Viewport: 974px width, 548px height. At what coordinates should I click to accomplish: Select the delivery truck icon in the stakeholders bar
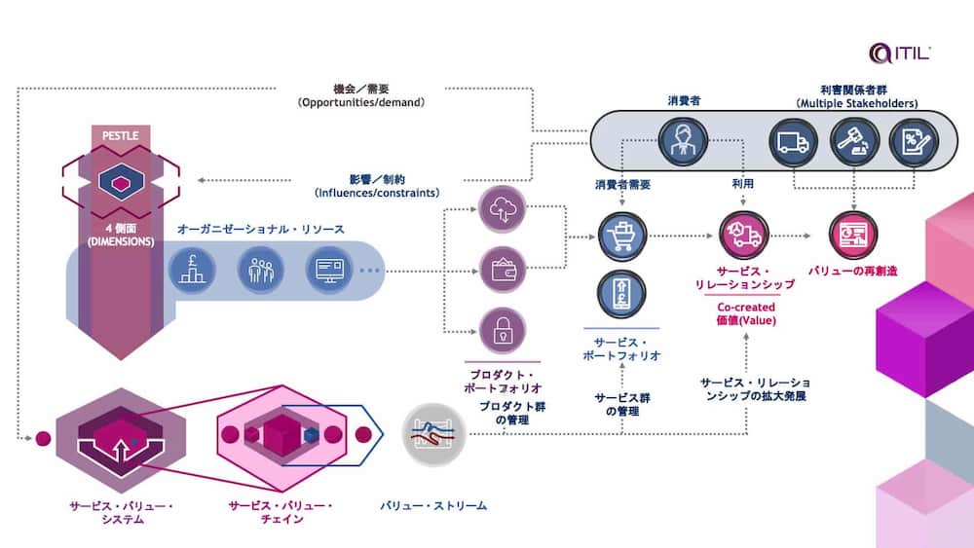pos(790,143)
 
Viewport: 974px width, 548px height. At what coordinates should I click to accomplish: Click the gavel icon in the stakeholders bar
pos(851,143)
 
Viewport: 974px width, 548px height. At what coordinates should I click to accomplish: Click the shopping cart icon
pos(623,237)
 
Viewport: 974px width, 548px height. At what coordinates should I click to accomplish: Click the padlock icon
pos(503,330)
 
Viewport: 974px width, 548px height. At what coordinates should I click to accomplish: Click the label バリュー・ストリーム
pos(433,505)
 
